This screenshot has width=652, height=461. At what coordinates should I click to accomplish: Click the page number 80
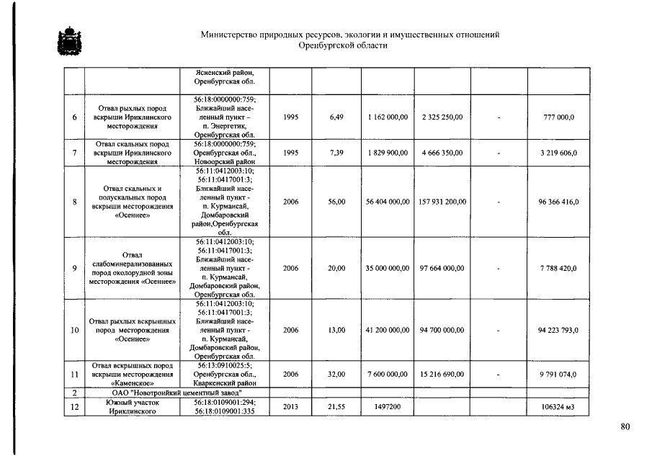tap(625, 427)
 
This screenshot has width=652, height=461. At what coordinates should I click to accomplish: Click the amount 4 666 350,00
tap(442, 153)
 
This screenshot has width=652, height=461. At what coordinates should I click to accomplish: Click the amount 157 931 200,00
tap(442, 202)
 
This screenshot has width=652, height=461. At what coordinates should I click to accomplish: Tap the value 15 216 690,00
tap(442, 375)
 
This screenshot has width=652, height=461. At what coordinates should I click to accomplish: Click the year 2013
tap(291, 407)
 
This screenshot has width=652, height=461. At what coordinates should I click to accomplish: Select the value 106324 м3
tap(559, 408)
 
